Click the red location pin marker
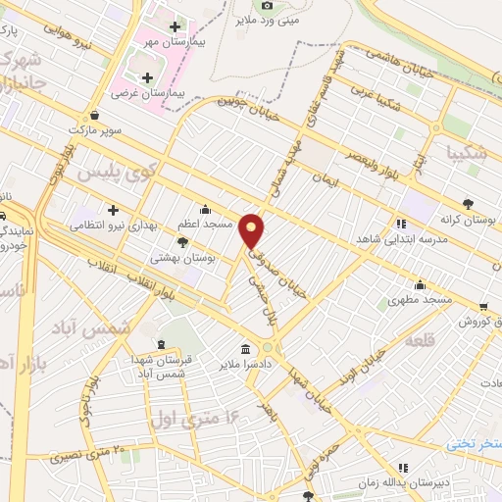pyautogui.click(x=253, y=229)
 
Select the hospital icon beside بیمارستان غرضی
pyautogui.click(x=147, y=77)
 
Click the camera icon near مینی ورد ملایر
pyautogui.click(x=242, y=5)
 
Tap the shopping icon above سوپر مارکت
pyautogui.click(x=93, y=115)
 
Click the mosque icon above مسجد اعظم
pyautogui.click(x=204, y=209)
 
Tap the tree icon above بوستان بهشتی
pyautogui.click(x=183, y=240)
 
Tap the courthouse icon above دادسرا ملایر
pyautogui.click(x=243, y=349)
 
